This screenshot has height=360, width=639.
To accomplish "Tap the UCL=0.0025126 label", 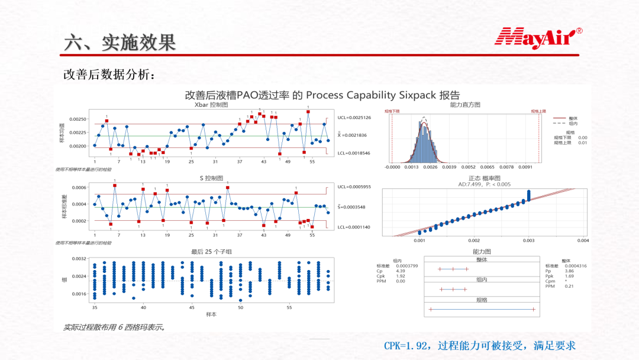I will point(354,117).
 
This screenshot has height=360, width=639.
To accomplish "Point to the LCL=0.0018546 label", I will point(354,153).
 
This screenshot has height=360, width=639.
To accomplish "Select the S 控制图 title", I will point(211,178).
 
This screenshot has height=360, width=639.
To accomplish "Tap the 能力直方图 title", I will point(465,104).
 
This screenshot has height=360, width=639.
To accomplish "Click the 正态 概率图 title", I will point(484,178).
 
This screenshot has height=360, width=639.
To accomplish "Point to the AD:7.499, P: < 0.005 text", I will point(484,184).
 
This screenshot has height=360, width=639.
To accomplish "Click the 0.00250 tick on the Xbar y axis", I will point(78,119).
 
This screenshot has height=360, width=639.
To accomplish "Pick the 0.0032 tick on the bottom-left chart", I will point(80,259).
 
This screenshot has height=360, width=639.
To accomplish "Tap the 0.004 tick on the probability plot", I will point(582,240).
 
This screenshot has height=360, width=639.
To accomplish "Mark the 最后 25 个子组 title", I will point(211,252).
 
